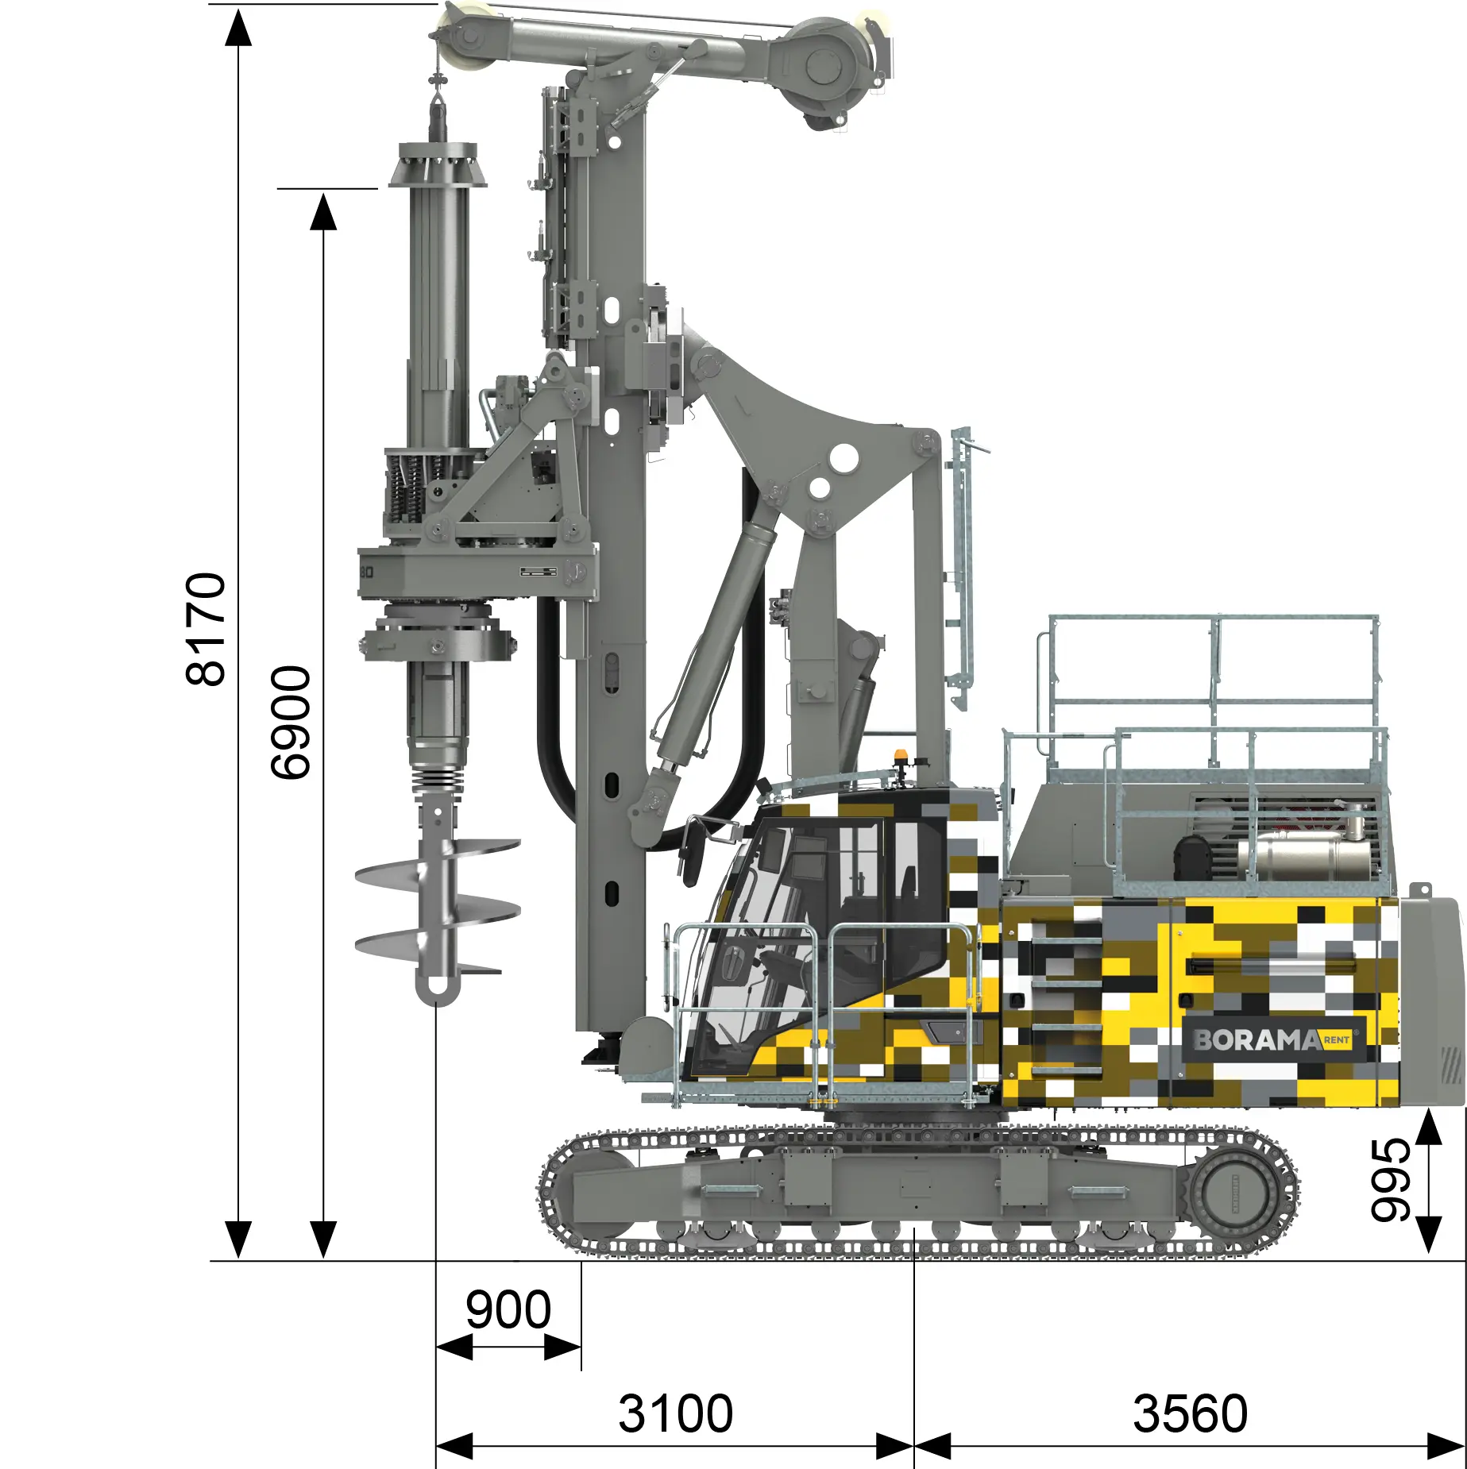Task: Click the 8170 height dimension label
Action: (206, 629)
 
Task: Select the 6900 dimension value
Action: (291, 723)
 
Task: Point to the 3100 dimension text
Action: (675, 1414)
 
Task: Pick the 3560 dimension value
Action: (1190, 1414)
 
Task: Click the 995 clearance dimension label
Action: (1390, 1180)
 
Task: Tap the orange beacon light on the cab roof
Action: (900, 757)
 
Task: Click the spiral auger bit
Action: (438, 905)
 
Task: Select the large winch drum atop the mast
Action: (826, 67)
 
